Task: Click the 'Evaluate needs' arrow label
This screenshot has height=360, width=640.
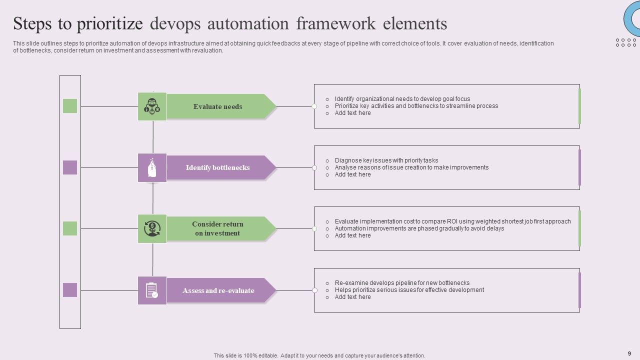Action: pyautogui.click(x=218, y=106)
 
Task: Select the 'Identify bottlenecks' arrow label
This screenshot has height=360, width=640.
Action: pyautogui.click(x=218, y=167)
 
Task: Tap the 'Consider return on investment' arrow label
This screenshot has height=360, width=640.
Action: pyautogui.click(x=218, y=228)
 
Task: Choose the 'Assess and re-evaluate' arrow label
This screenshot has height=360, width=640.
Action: pyautogui.click(x=218, y=290)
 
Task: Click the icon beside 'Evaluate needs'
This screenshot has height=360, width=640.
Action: pyautogui.click(x=152, y=106)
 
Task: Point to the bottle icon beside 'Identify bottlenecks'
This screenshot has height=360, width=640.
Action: pyautogui.click(x=152, y=167)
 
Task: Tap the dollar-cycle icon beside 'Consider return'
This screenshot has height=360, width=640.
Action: pyautogui.click(x=152, y=228)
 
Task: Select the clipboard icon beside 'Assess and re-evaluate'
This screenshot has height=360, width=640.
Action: pyautogui.click(x=152, y=290)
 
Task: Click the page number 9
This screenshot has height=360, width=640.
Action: pyautogui.click(x=629, y=353)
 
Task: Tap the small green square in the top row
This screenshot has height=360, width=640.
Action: pyautogui.click(x=70, y=106)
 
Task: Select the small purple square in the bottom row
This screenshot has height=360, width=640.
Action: pyautogui.click(x=70, y=290)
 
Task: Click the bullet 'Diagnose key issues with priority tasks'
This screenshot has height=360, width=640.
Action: pyautogui.click(x=386, y=160)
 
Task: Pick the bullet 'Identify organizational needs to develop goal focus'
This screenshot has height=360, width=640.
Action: pyautogui.click(x=402, y=99)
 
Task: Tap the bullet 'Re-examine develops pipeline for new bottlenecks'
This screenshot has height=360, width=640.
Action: pyautogui.click(x=402, y=283)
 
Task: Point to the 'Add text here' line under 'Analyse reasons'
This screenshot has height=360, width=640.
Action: pyautogui.click(x=352, y=174)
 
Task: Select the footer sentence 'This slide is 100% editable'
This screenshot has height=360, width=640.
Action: pyautogui.click(x=319, y=355)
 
